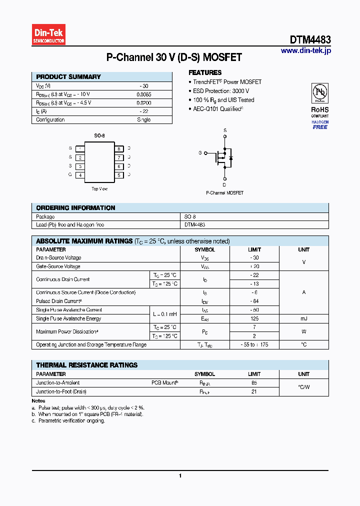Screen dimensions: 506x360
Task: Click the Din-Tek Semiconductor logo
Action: tap(48, 35)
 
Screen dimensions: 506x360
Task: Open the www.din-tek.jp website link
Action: tap(305, 50)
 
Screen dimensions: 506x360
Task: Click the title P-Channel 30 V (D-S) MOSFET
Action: tap(174, 57)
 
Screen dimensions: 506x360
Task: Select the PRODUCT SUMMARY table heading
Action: tap(68, 77)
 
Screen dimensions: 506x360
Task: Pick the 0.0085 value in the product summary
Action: tap(144, 94)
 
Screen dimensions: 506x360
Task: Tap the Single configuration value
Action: tap(144, 120)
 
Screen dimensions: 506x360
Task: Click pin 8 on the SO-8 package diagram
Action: tap(119, 148)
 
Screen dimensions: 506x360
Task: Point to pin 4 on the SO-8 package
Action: tap(80, 175)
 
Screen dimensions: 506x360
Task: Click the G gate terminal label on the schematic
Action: tap(200, 152)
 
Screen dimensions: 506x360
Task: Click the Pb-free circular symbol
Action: tap(320, 93)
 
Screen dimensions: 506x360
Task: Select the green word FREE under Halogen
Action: tap(320, 127)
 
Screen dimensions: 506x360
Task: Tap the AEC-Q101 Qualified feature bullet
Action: tap(218, 108)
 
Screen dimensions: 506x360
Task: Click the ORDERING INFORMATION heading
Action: tap(75, 208)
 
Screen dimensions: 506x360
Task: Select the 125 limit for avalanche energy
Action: tap(254, 318)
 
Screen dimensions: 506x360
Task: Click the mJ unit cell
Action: tap(303, 318)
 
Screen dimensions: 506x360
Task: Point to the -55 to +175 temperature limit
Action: tap(254, 345)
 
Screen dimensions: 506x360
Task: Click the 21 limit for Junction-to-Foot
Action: tap(254, 391)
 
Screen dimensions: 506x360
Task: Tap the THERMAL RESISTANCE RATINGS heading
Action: tap(86, 365)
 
